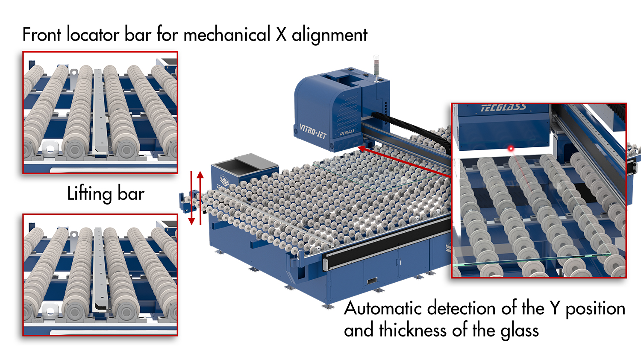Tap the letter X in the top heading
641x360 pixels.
pos(281,35)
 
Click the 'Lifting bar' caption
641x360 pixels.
pos(106,194)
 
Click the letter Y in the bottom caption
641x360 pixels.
pos(555,308)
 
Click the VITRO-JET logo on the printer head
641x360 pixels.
pos(312,131)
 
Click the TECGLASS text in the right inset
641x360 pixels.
pos(503,108)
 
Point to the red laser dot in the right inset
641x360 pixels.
pos(510,148)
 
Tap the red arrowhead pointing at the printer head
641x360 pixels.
pos(361,149)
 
